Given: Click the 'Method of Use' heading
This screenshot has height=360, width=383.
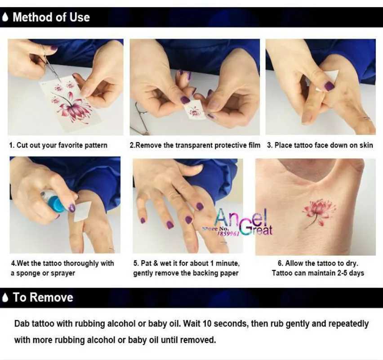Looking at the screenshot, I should pyautogui.click(x=51, y=18).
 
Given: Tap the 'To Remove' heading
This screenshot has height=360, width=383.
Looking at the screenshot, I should pyautogui.click(x=43, y=297).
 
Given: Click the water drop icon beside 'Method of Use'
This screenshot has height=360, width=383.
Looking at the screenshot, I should pyautogui.click(x=5, y=18).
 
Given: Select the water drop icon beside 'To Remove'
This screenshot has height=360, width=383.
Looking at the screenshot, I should pyautogui.click(x=5, y=297).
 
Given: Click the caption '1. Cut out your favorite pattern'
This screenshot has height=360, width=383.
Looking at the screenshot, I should pyautogui.click(x=58, y=145).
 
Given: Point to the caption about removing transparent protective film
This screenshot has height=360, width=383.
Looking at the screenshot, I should pyautogui.click(x=195, y=145).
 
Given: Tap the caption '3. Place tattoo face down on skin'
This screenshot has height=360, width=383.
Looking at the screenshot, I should pyautogui.click(x=320, y=145).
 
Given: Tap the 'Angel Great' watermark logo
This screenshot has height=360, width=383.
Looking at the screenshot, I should pyautogui.click(x=243, y=222).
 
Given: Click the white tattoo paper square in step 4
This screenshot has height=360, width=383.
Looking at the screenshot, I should pyautogui.click(x=82, y=211).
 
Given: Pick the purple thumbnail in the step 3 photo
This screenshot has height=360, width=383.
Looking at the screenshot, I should pyautogui.click(x=329, y=86).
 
